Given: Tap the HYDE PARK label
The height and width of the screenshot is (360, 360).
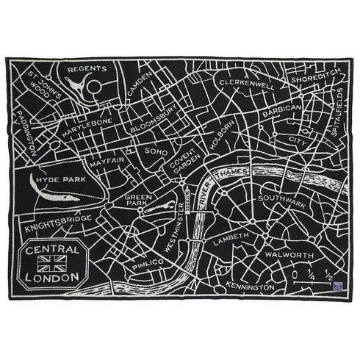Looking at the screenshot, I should pos(59,179).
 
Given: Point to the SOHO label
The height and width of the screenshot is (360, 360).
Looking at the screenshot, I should pos(156,151).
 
